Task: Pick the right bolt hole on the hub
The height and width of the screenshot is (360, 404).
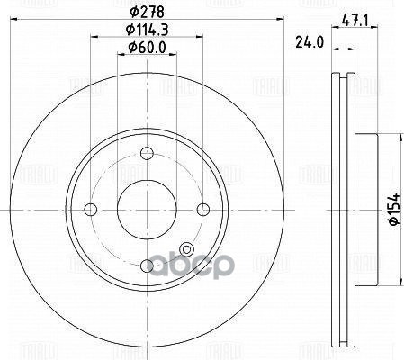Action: (203, 209)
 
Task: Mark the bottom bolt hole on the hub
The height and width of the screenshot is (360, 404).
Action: (147, 265)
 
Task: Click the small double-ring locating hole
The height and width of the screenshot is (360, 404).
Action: (187, 249)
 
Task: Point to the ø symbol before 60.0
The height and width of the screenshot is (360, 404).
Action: (130, 49)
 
